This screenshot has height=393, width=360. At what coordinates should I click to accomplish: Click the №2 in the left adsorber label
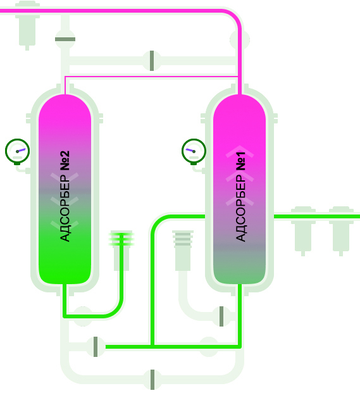click(x=65, y=161)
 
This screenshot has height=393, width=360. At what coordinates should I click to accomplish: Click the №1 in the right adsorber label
click(x=241, y=161)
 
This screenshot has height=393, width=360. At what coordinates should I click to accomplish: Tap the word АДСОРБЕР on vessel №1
click(x=241, y=208)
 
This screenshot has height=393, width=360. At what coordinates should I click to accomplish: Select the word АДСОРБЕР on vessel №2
click(x=65, y=208)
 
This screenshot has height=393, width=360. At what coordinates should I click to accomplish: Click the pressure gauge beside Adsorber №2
click(x=17, y=151)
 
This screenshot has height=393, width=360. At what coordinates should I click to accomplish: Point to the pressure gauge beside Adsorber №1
click(x=194, y=151)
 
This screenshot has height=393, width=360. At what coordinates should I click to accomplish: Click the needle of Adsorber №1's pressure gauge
click(x=190, y=151)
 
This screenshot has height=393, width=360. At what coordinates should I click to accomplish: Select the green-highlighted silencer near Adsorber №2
click(x=121, y=250)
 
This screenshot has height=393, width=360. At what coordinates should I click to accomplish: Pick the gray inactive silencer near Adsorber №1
click(x=183, y=250)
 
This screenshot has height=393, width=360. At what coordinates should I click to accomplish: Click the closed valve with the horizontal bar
click(x=65, y=39)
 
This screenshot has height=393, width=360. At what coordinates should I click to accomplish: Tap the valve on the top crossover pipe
click(x=152, y=61)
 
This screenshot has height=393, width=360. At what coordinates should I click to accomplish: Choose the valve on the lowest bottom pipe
click(x=152, y=380)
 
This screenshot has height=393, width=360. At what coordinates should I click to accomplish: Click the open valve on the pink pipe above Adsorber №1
click(x=240, y=39)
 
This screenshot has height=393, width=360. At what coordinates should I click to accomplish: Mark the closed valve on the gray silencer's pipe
click(x=221, y=316)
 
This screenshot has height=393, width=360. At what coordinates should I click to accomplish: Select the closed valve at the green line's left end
click(x=96, y=347)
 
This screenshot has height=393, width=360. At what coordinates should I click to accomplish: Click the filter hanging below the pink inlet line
click(x=27, y=25)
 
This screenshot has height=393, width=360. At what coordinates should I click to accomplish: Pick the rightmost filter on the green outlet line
click(x=341, y=230)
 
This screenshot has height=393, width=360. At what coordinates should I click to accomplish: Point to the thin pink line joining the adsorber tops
click(x=151, y=77)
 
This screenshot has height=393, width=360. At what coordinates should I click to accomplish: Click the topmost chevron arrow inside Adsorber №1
click(x=240, y=151)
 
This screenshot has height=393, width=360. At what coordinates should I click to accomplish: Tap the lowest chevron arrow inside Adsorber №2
click(x=65, y=225)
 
